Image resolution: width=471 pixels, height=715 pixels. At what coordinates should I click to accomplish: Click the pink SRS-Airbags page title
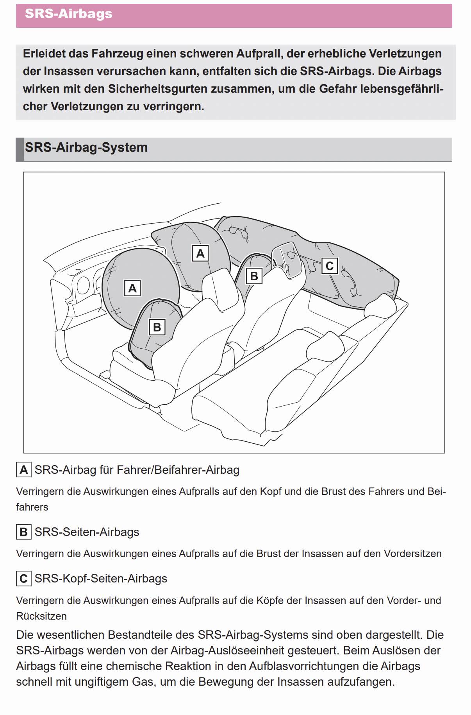click(x=69, y=14)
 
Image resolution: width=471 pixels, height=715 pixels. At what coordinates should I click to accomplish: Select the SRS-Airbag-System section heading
click(x=86, y=148)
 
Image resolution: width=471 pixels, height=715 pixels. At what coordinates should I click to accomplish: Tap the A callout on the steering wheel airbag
click(x=132, y=288)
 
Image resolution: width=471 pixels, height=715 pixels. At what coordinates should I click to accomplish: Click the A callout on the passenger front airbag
click(x=200, y=253)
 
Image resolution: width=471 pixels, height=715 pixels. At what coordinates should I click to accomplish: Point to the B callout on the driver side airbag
click(x=157, y=327)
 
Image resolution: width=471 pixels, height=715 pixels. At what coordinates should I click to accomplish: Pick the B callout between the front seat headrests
click(x=254, y=276)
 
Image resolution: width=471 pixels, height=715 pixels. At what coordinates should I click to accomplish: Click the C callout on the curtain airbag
click(x=329, y=266)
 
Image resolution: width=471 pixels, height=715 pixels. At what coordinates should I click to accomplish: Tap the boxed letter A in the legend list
click(x=23, y=469)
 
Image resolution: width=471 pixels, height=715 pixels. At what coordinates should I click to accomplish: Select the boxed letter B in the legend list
click(x=23, y=532)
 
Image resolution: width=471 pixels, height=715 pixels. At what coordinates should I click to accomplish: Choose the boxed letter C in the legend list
click(x=23, y=579)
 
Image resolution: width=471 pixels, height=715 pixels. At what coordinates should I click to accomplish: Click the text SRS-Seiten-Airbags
click(x=87, y=532)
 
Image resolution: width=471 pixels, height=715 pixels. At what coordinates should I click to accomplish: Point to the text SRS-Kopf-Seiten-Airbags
click(x=101, y=579)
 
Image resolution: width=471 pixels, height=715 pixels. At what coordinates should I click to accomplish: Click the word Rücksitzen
click(x=41, y=616)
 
